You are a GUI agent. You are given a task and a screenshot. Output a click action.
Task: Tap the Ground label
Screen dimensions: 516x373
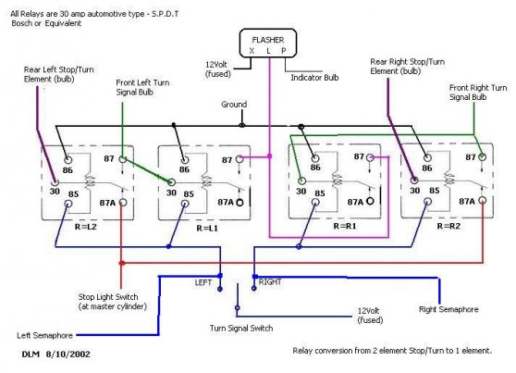pyautogui.click(x=234, y=105)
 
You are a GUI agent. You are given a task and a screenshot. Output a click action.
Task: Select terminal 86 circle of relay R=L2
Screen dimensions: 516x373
pyautogui.click(x=68, y=160)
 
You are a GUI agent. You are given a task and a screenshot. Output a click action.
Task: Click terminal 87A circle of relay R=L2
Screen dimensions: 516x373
pyautogui.click(x=123, y=203)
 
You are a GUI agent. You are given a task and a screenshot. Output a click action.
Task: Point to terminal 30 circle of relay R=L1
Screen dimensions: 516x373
pyautogui.click(x=171, y=182)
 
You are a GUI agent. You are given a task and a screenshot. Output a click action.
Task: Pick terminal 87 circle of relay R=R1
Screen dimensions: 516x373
pyautogui.click(x=370, y=158)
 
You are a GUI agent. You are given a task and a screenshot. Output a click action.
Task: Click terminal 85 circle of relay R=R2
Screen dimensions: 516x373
pyautogui.click(x=428, y=202)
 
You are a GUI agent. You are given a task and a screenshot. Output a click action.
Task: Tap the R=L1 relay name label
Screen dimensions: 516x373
pyautogui.click(x=207, y=228)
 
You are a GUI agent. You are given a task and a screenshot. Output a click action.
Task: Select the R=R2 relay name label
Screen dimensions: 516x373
pyautogui.click(x=448, y=226)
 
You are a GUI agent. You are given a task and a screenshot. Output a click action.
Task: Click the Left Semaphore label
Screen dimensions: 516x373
pyautogui.click(x=44, y=335)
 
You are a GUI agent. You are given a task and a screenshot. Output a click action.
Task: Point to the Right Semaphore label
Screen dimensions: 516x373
pyautogui.click(x=448, y=309)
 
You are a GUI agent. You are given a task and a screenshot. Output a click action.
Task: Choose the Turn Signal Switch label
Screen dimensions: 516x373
pyautogui.click(x=241, y=329)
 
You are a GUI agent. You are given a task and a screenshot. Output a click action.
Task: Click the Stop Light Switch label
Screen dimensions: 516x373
pyautogui.click(x=112, y=302)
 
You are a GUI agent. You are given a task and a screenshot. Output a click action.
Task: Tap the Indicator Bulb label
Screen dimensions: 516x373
pyautogui.click(x=314, y=78)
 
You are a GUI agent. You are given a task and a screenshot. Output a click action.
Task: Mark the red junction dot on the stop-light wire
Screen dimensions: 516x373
pyautogui.click(x=122, y=263)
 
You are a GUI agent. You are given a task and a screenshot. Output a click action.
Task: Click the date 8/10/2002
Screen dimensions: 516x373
pyautogui.click(x=68, y=354)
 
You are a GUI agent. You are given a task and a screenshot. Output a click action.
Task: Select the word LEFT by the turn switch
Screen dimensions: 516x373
pyautogui.click(x=203, y=282)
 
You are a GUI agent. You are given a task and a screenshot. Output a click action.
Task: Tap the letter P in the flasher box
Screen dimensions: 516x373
pyautogui.click(x=284, y=51)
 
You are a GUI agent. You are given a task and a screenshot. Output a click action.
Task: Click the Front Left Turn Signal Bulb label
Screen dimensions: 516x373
pyautogui.click(x=142, y=87)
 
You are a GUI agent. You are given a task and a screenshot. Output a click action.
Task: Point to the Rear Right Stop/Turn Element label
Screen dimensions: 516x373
pyautogui.click(x=408, y=67)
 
